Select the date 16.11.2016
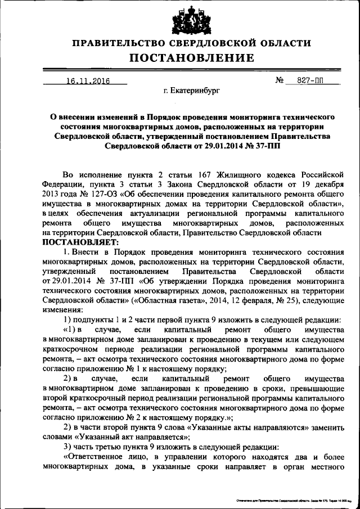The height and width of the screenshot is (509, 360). [87, 81]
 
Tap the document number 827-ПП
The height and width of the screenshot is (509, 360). [312, 81]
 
